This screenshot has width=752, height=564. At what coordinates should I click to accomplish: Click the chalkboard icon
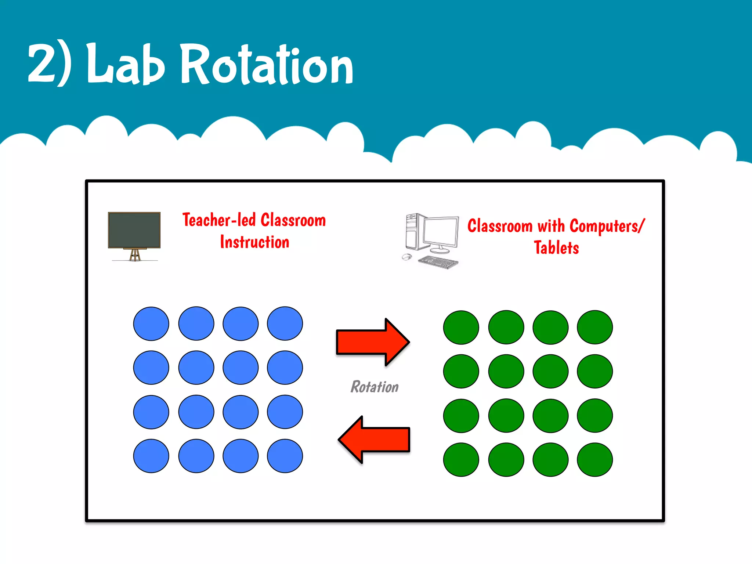tap(134, 230)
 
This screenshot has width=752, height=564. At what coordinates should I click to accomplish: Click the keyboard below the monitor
tap(438, 262)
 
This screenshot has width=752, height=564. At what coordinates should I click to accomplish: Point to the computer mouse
tap(406, 257)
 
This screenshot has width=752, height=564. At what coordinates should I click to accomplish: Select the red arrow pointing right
tap(373, 342)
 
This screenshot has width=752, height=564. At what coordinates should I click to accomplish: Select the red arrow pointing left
tap(374, 440)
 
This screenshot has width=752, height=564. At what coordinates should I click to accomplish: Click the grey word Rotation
tap(374, 387)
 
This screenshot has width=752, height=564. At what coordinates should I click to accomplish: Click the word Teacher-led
tap(219, 220)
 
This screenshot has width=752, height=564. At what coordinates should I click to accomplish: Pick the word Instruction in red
tap(254, 242)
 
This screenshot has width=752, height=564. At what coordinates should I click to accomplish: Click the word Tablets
tap(556, 248)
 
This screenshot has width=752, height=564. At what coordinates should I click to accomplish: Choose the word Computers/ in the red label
tap(607, 226)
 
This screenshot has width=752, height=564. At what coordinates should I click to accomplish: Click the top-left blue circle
tap(151, 324)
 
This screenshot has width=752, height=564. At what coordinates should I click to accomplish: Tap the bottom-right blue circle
tap(285, 456)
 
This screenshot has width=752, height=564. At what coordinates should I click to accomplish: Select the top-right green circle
tap(595, 328)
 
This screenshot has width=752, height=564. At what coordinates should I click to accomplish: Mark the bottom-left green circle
tap(461, 460)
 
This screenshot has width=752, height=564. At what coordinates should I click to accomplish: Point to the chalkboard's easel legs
tap(135, 255)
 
